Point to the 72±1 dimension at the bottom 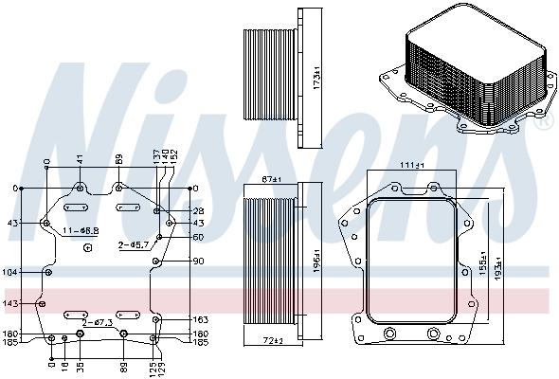(x=274, y=338)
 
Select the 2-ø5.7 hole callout (x=132, y=244)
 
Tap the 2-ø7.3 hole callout (x=98, y=322)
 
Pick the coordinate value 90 (x=198, y=261)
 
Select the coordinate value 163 (x=201, y=319)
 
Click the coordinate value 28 (x=198, y=210)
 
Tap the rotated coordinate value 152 (x=175, y=158)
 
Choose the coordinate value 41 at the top (x=81, y=162)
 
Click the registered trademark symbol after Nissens (x=543, y=123)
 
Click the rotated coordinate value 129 (x=163, y=365)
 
